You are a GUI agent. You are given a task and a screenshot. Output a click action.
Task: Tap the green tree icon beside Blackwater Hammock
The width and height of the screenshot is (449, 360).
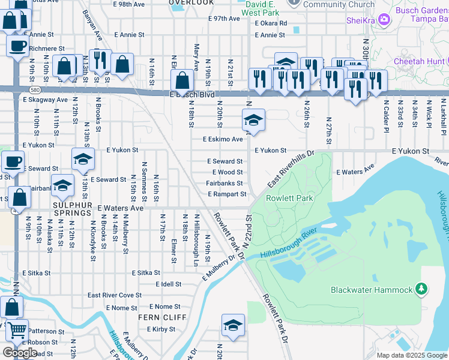(x=421, y=290)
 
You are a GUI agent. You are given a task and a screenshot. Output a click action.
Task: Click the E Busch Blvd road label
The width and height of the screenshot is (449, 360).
(x=192, y=95)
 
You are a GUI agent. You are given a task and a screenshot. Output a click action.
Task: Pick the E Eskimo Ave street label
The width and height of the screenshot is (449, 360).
(x=223, y=139)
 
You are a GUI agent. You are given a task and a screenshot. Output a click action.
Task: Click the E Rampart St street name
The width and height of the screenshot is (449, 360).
(x=227, y=194)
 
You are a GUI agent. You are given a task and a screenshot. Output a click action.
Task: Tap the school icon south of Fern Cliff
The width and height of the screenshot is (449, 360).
(x=233, y=325)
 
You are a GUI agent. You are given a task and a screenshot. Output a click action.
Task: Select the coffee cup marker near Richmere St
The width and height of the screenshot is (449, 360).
(x=17, y=45)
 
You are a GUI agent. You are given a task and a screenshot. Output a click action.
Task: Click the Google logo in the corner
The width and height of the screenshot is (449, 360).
(x=20, y=353)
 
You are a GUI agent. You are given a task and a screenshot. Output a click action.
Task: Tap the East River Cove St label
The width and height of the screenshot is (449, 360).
(x=114, y=295)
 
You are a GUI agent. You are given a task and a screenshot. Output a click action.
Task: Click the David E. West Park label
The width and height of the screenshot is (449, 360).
(x=262, y=8)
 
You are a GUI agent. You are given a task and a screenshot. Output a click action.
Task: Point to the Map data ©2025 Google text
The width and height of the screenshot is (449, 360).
(x=411, y=355)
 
